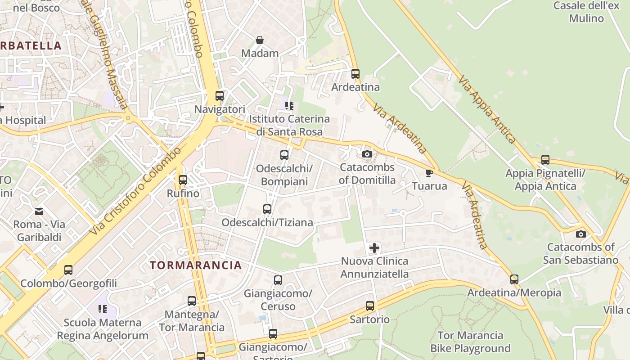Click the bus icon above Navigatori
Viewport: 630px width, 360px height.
point(220,96)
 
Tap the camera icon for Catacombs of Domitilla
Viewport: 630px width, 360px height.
point(367,154)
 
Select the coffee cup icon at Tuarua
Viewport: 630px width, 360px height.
point(429,173)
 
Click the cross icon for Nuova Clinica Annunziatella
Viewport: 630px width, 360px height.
point(374,248)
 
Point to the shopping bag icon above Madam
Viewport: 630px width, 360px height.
point(260,40)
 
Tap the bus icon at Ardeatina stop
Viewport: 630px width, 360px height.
point(355,74)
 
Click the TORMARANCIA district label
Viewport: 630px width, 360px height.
point(196,265)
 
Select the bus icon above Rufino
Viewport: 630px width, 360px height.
point(183,180)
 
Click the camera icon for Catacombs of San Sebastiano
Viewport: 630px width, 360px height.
point(581,234)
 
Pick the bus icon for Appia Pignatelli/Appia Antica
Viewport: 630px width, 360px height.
point(545,160)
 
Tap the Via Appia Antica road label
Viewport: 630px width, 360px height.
point(487,109)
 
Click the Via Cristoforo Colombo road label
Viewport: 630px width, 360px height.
point(135,190)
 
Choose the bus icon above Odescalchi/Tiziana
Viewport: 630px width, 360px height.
point(267,209)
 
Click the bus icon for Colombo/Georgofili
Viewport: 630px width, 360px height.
point(68,270)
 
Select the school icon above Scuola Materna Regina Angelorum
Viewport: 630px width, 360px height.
point(103,309)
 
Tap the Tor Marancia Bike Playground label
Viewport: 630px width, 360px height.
point(470,342)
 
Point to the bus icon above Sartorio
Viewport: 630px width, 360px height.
point(370,306)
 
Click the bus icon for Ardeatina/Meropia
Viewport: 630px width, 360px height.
point(514,279)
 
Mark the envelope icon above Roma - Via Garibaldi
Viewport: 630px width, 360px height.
point(39,211)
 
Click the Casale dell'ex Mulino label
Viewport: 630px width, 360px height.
point(586,12)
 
